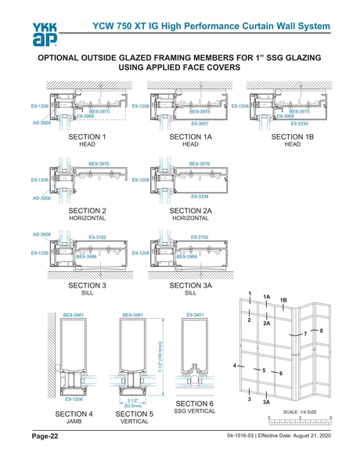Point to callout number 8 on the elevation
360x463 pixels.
point(321,331)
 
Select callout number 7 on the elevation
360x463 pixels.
point(305,335)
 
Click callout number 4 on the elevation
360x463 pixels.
point(235,366)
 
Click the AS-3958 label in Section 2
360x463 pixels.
point(41,198)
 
